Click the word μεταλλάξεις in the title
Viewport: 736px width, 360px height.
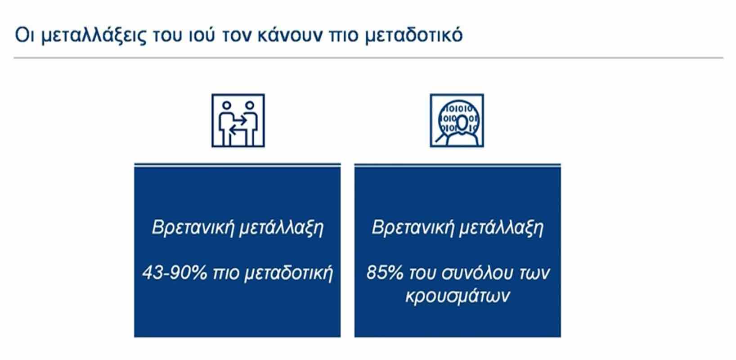[94, 36]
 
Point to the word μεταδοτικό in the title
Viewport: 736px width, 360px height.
[414, 36]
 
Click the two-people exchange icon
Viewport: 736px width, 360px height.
[238, 120]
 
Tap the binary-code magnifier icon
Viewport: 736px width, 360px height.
[457, 120]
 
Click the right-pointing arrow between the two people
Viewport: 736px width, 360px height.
[239, 121]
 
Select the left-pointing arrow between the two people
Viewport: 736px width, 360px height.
[237, 131]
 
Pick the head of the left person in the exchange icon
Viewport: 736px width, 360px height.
[226, 106]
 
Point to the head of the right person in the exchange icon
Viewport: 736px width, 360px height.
[250, 106]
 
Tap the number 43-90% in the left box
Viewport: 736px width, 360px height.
[175, 273]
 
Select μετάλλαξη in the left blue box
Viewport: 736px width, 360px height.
[281, 228]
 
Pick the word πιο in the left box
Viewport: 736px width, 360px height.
[226, 274]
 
